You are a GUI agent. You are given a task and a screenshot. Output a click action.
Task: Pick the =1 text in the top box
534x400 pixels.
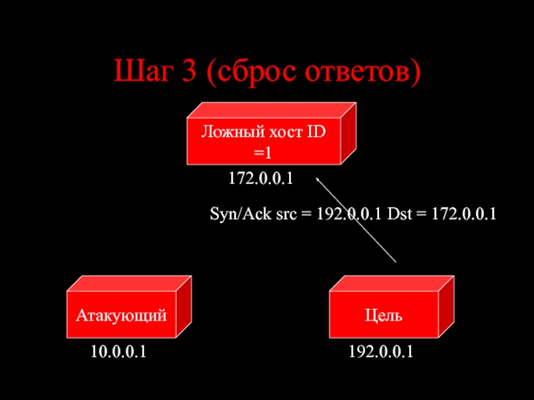[x=263, y=153]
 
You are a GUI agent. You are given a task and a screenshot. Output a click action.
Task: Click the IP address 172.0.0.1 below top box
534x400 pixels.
[x=262, y=179]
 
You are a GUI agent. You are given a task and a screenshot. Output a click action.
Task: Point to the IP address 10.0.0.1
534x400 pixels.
[x=119, y=352]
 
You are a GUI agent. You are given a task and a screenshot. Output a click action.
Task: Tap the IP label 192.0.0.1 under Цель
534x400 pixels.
[x=381, y=352]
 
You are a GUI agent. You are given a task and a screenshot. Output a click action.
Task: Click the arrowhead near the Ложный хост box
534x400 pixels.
[x=318, y=178]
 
